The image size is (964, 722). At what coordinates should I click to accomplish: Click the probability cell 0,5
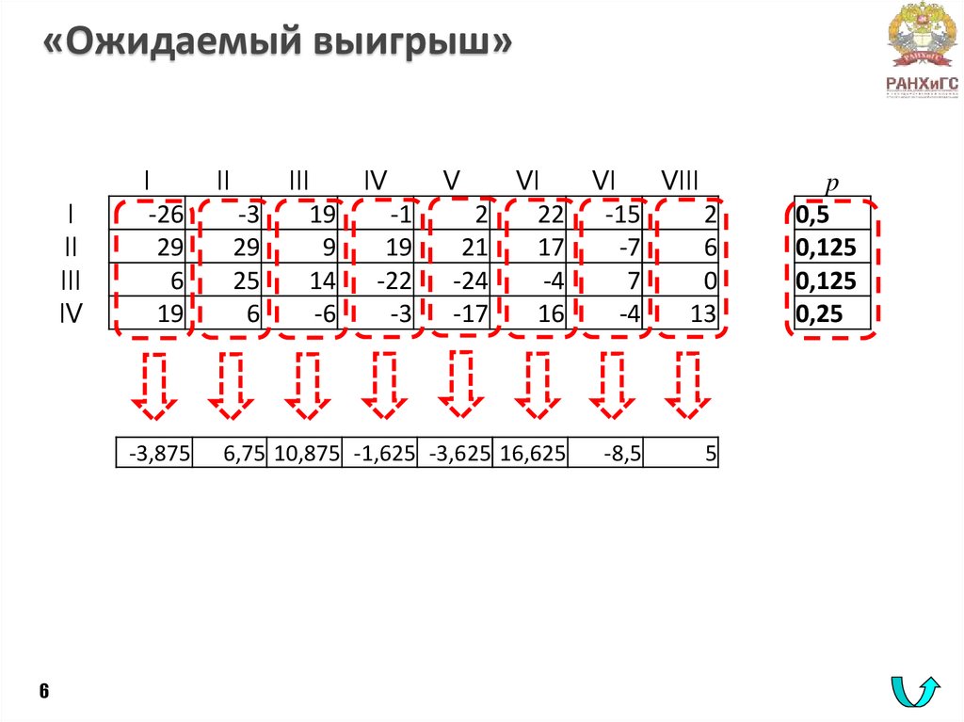(x=832, y=216)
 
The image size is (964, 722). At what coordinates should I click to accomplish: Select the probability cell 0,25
(x=832, y=314)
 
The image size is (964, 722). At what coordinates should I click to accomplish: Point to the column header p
(x=831, y=181)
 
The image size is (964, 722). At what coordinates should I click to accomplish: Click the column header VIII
(x=681, y=181)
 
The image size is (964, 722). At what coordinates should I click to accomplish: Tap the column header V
(x=452, y=181)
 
